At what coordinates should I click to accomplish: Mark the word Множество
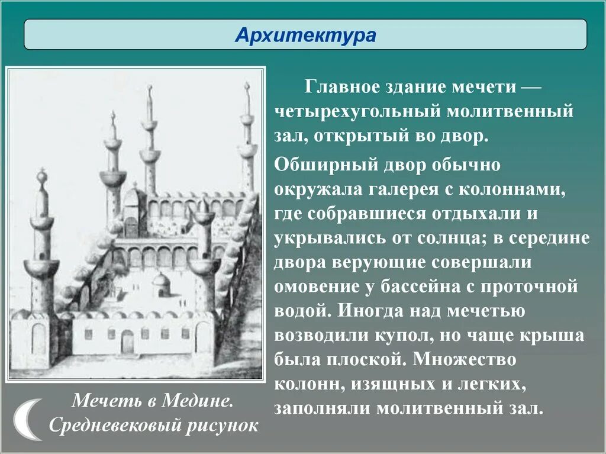[465, 359]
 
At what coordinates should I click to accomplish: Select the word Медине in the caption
[199, 400]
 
